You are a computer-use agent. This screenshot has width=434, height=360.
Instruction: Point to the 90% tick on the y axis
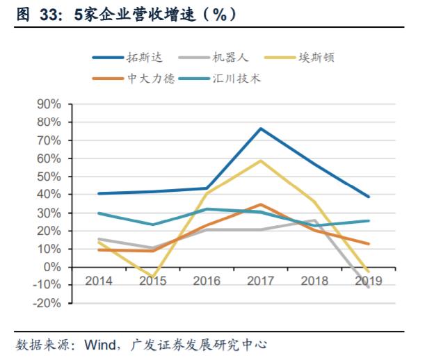(49, 104)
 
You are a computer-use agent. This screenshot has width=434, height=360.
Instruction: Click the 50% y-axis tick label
(49, 177)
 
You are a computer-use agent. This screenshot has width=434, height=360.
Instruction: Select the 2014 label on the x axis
(99, 281)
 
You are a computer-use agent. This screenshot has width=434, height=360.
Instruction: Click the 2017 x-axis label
(260, 281)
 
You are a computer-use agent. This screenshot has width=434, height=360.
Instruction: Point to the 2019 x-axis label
(368, 281)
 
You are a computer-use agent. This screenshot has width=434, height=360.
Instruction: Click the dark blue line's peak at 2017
(260, 129)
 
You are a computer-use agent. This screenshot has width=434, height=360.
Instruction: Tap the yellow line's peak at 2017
(260, 161)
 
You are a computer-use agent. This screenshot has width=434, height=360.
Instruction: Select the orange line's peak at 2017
(260, 204)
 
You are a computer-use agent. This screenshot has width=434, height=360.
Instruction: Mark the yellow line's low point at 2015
(153, 277)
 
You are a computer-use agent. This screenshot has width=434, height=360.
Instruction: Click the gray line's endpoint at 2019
(368, 287)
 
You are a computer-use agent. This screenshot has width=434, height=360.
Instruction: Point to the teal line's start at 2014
(99, 213)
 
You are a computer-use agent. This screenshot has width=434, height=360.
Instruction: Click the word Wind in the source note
(99, 345)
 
